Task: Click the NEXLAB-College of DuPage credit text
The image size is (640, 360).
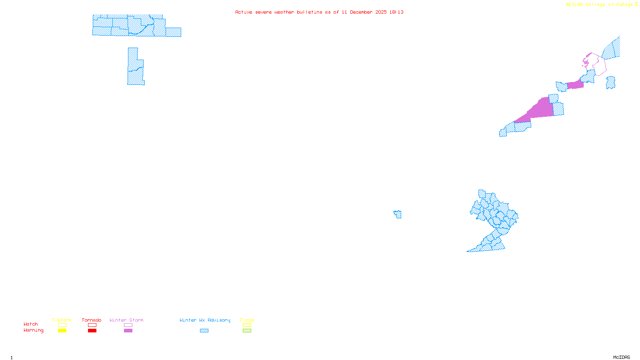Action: coord(600,5)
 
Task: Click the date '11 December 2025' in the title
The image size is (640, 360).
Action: coord(364,12)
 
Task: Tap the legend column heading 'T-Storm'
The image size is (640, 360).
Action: coord(62,320)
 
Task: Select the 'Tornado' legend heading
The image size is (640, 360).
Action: coord(92,320)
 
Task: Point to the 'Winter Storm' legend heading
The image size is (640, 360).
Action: coord(126,320)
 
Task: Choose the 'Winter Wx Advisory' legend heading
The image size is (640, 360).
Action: coord(205,320)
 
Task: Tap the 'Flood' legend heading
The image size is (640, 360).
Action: coord(247,320)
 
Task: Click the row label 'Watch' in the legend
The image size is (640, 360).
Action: coord(31,324)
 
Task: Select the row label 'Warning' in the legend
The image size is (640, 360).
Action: coord(33,330)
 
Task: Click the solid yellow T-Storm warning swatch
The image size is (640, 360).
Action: coord(62,331)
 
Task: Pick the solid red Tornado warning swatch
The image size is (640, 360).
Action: coord(92,331)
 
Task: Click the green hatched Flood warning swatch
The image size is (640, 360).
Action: coord(247,331)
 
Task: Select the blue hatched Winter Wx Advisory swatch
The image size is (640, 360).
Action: coord(204,331)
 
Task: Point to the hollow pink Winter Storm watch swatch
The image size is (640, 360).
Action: coord(128,325)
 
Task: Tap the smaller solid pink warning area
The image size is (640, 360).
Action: coord(575,85)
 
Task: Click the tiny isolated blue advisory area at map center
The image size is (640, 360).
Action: coord(398,214)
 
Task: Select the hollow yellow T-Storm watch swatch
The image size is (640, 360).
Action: coord(62,325)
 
